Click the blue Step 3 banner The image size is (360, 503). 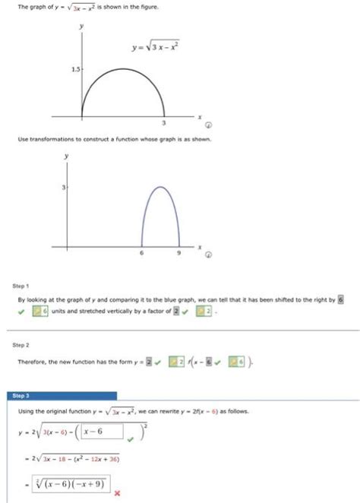[65, 396]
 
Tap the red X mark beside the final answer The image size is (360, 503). [118, 492]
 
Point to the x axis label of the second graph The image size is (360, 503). [200, 247]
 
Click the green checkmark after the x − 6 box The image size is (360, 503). [131, 438]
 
